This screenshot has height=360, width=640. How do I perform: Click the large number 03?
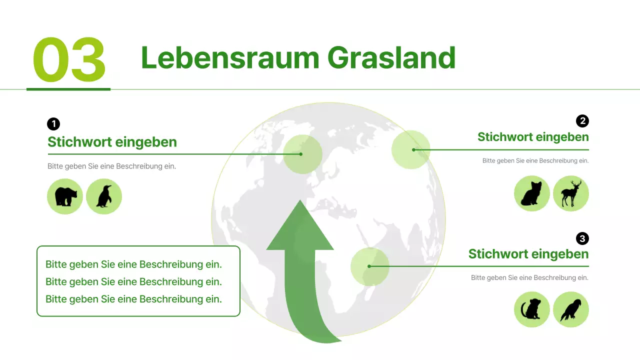pyautogui.click(x=69, y=60)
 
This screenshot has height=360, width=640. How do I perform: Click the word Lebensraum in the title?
pyautogui.click(x=229, y=57)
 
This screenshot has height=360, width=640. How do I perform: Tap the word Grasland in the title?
pyautogui.click(x=391, y=57)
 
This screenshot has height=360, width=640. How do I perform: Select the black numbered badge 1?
pyautogui.click(x=53, y=124)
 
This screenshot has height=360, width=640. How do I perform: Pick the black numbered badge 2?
pyautogui.click(x=582, y=120)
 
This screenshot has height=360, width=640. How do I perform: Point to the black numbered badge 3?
pyautogui.click(x=582, y=238)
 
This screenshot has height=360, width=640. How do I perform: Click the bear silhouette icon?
pyautogui.click(x=65, y=196)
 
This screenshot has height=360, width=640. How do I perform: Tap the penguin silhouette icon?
pyautogui.click(x=104, y=196)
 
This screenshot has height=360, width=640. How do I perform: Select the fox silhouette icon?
pyautogui.click(x=531, y=193)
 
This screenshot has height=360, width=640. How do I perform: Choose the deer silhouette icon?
pyautogui.click(x=570, y=193)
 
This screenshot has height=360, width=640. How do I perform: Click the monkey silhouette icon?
pyautogui.click(x=531, y=309)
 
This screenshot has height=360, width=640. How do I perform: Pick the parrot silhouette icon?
pyautogui.click(x=570, y=309)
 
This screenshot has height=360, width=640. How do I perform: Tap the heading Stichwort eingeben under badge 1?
pyautogui.click(x=112, y=142)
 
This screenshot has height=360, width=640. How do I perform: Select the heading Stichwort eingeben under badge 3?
pyautogui.click(x=528, y=254)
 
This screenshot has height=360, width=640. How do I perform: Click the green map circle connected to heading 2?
pyautogui.click(x=410, y=149)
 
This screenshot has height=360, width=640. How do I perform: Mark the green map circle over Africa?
pyautogui.click(x=369, y=266)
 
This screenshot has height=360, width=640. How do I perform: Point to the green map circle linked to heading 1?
pyautogui.click(x=302, y=154)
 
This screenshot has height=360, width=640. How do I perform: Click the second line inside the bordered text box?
pyautogui.click(x=133, y=282)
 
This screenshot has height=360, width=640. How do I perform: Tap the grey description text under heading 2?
pyautogui.click(x=535, y=161)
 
